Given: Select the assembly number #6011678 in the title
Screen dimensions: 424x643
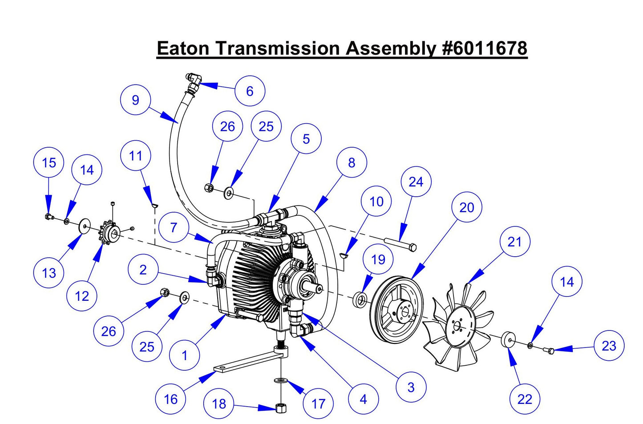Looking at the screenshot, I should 485,48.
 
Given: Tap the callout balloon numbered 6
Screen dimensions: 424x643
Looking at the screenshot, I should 250,91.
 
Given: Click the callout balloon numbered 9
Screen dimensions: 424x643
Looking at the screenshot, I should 136,100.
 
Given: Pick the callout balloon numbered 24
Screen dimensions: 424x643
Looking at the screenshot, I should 416,182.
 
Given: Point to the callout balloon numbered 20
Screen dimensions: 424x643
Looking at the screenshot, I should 467,207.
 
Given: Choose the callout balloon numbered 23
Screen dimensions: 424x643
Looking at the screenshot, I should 609,346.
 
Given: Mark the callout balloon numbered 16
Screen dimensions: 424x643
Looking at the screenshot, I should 171,399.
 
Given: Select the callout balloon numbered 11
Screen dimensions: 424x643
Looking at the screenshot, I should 136,156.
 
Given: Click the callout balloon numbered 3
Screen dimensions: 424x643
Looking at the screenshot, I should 411,387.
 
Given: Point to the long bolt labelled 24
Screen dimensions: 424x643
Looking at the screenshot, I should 400,244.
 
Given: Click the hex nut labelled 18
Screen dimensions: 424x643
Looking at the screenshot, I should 280,408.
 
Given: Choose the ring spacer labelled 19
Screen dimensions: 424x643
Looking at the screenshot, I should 360,299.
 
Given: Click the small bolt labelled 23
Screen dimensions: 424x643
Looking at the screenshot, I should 550,351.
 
